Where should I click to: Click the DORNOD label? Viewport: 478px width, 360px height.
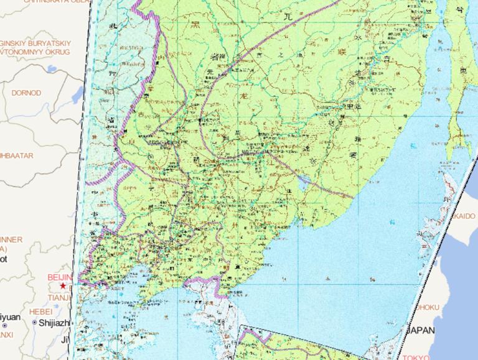click(x=26, y=93)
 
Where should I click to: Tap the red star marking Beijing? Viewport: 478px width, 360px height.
click(x=63, y=285)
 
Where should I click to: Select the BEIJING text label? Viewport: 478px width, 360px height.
click(x=60, y=277)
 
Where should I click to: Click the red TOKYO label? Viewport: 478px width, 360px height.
click(x=416, y=357)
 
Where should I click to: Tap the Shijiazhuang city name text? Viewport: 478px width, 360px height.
click(x=55, y=323)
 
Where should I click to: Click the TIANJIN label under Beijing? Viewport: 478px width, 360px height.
click(x=60, y=298)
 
